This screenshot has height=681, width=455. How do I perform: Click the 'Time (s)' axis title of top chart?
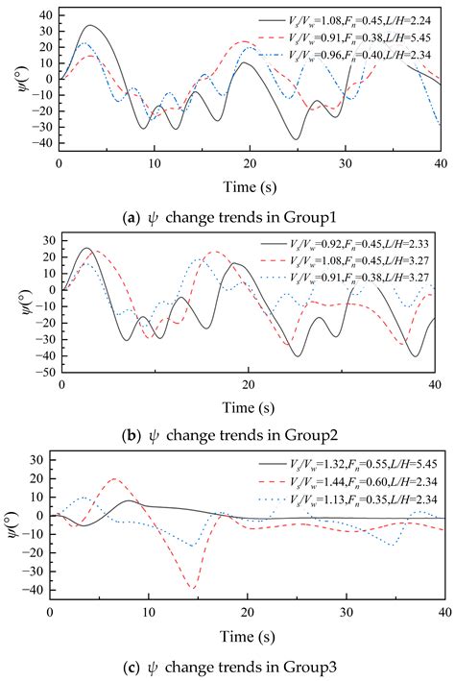click(x=251, y=186)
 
